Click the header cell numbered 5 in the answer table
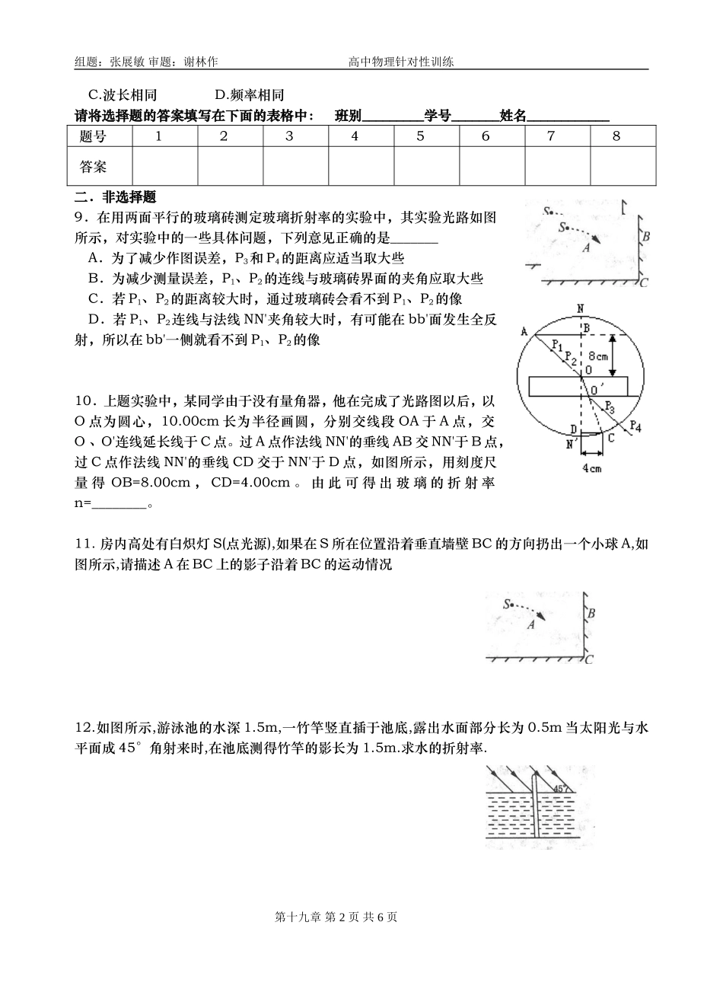point(420,137)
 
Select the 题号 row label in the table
point(93,137)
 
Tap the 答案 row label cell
point(93,166)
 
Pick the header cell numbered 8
point(616,137)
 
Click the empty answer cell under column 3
point(289,166)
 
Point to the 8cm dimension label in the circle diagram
point(598,356)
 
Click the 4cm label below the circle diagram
point(592,468)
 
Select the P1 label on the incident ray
point(557,347)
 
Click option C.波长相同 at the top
point(123,95)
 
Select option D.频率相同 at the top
point(249,95)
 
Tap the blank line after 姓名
point(568,116)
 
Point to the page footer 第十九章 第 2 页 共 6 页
point(336,917)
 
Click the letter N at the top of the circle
point(580,308)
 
